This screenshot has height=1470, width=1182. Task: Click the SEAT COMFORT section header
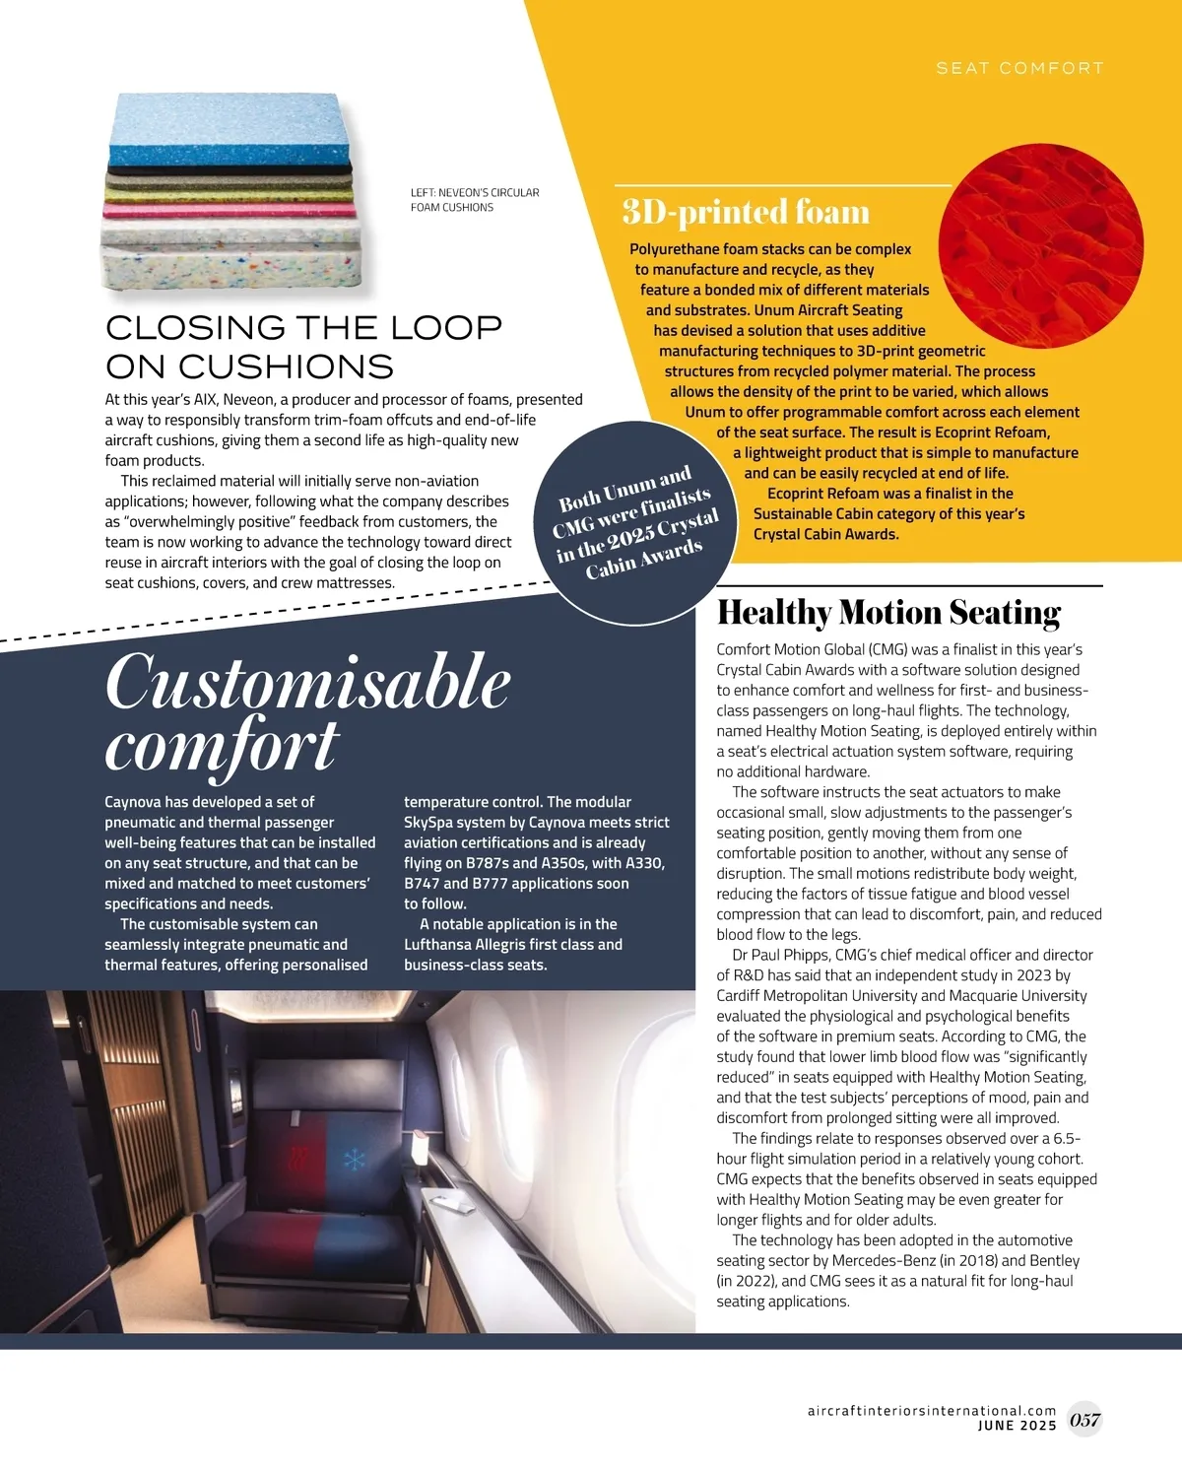tap(1019, 68)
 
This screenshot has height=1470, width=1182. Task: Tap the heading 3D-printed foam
tap(746, 212)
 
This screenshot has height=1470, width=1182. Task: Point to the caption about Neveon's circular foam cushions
tap(475, 200)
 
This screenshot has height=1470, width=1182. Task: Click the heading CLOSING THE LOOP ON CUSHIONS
tap(303, 347)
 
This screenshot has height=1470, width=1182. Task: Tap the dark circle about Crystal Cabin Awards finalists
tap(637, 528)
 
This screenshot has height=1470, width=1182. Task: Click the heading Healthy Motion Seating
tap(888, 613)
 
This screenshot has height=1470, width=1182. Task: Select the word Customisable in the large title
tap(307, 682)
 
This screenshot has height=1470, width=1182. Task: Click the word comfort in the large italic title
tap(222, 746)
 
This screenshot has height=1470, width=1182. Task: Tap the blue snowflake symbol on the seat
tap(353, 1159)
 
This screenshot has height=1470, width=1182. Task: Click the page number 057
tap(1084, 1420)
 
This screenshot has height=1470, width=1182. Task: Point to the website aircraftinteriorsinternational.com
tap(931, 1411)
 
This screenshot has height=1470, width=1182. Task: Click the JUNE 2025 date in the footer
tap(1017, 1426)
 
